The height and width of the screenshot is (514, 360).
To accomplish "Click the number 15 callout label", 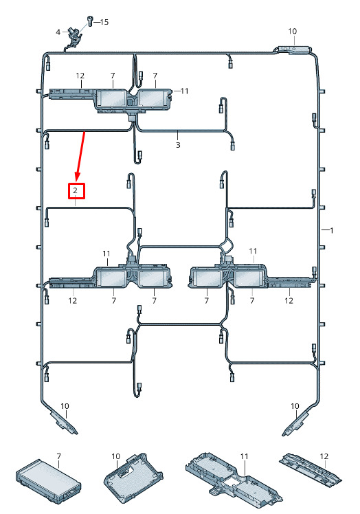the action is (x=104, y=22).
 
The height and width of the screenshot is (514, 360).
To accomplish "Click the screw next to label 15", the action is (x=90, y=21).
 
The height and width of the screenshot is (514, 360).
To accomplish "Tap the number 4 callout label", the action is (x=58, y=32).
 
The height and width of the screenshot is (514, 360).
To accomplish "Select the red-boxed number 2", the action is (x=76, y=191).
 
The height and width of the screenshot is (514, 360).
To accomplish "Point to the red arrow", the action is (x=80, y=156).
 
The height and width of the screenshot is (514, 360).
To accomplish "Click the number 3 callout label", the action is (x=178, y=145).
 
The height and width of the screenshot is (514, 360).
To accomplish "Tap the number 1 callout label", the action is (x=331, y=230).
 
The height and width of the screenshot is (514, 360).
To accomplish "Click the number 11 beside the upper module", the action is (x=185, y=91).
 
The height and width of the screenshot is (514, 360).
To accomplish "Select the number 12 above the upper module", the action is (x=80, y=76).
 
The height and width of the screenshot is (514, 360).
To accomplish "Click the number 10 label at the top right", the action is (x=293, y=31).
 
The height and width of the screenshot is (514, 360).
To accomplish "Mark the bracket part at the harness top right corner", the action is (x=291, y=49).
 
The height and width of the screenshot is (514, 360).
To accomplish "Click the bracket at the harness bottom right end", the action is (x=296, y=423).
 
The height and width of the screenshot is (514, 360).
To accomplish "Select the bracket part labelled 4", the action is (x=75, y=37).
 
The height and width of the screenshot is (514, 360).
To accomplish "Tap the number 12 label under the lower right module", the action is (x=289, y=300).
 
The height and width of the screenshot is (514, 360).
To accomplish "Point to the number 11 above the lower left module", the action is (x=106, y=254).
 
